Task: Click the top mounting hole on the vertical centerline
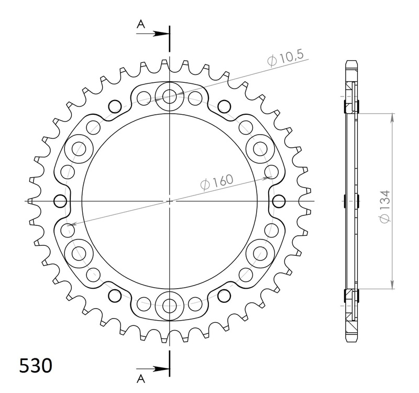(169, 96)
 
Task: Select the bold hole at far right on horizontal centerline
(279, 200)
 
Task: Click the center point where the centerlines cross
(169, 200)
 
